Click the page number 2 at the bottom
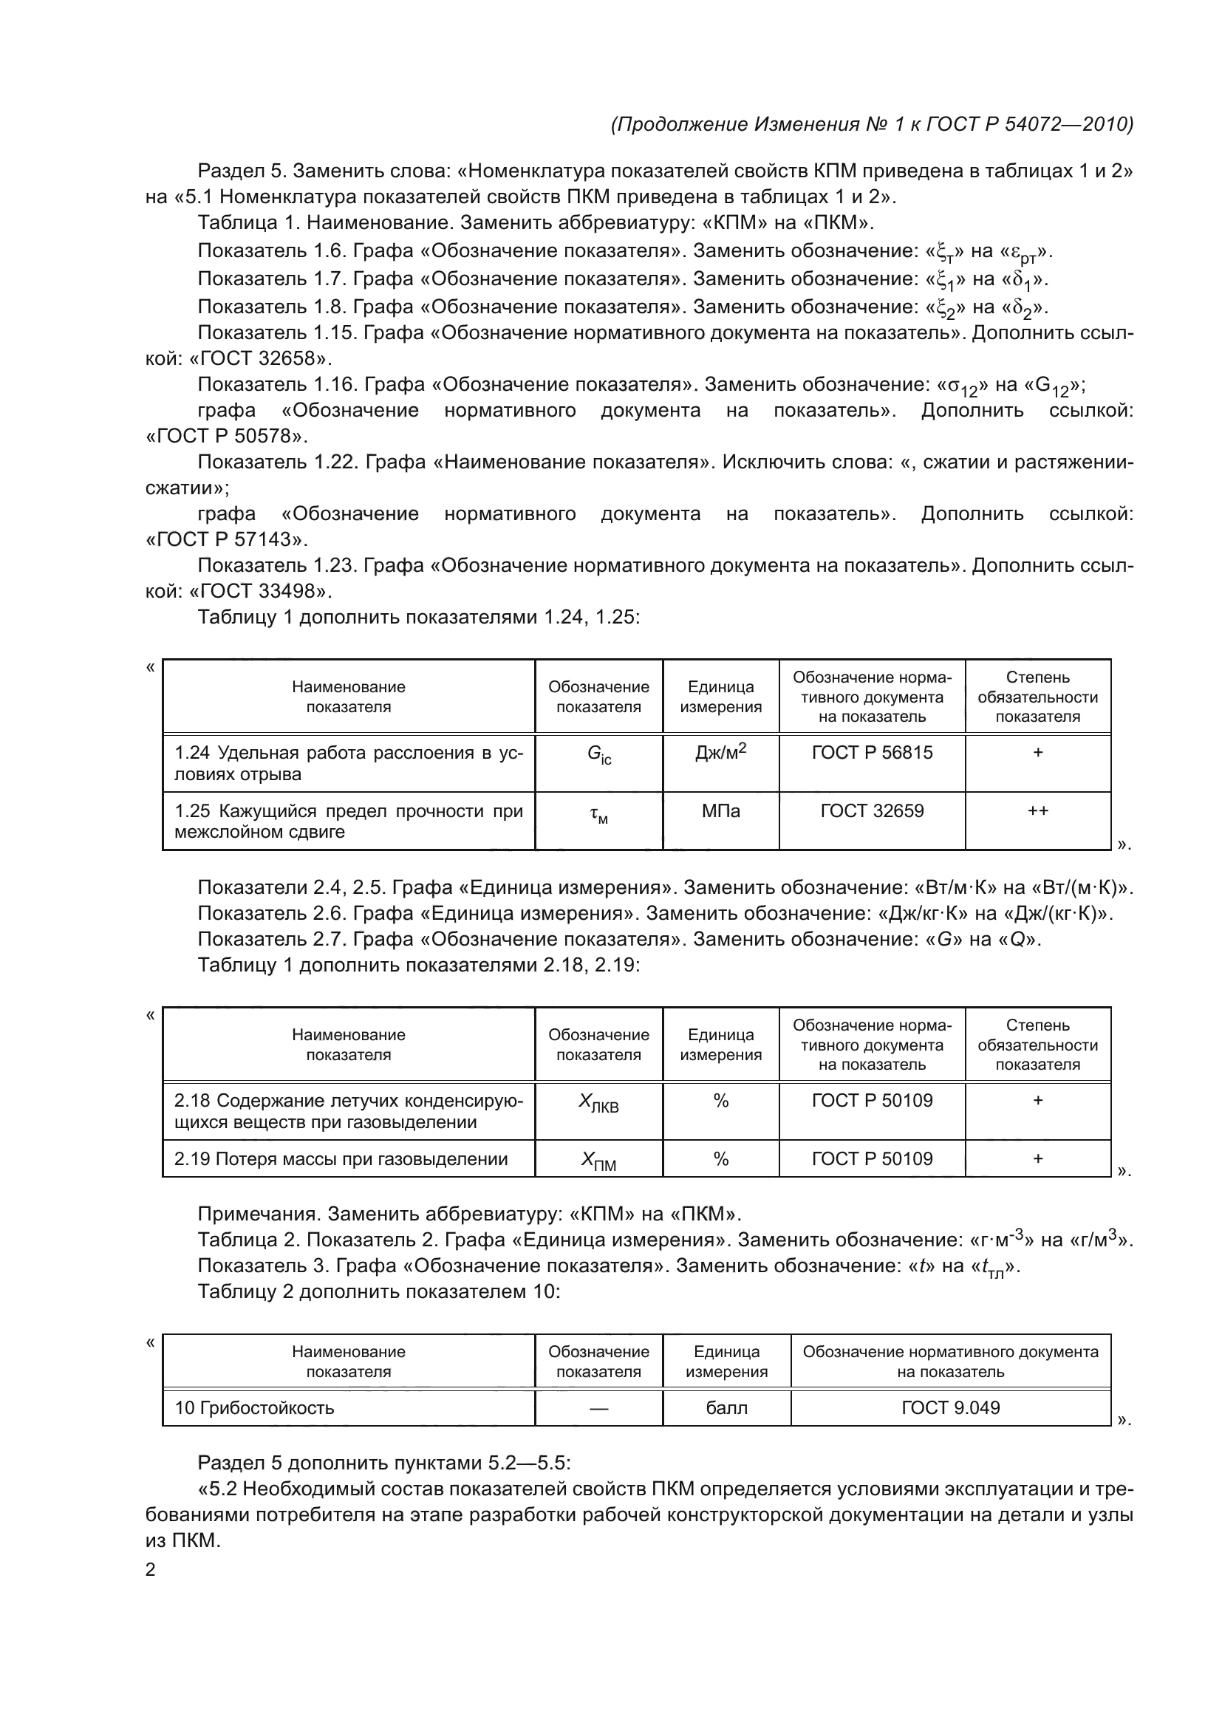(x=151, y=1569)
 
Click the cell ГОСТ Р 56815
(x=871, y=753)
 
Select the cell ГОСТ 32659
(x=871, y=810)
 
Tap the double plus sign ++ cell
(x=1037, y=810)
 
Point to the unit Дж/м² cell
(x=720, y=753)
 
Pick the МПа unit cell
(x=720, y=810)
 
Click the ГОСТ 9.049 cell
(x=950, y=1407)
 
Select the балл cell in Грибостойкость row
(x=726, y=1407)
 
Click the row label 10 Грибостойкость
(x=254, y=1407)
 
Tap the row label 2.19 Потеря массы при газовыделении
(x=341, y=1159)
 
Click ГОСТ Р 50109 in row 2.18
(x=871, y=1100)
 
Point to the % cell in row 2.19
(x=720, y=1159)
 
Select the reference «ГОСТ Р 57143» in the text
(x=227, y=539)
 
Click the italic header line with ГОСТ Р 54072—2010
(x=871, y=124)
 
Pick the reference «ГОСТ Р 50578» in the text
(x=227, y=437)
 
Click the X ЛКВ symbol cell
(x=598, y=1102)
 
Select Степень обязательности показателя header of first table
(x=1037, y=697)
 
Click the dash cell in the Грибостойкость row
(x=598, y=1408)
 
